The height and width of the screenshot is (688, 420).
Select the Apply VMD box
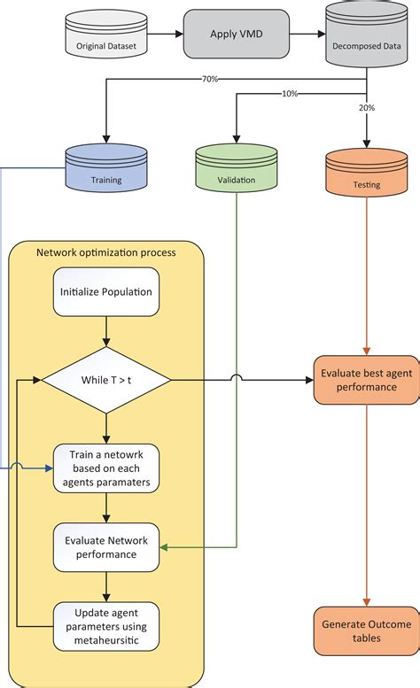[237, 35]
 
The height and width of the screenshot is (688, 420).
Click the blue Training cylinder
[105, 171]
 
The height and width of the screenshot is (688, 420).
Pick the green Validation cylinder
[237, 171]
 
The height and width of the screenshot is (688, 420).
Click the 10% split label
[290, 94]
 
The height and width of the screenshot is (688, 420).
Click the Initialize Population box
[106, 293]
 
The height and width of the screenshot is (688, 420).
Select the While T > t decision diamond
[106, 380]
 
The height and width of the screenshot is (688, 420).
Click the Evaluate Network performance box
[106, 547]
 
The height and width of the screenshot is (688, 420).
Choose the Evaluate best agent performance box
[367, 380]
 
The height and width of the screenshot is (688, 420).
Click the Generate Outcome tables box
[367, 631]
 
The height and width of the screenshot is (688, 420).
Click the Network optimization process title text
[106, 252]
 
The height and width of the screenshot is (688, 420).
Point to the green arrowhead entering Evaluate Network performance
[167, 547]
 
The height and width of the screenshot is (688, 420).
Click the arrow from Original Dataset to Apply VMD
[166, 35]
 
